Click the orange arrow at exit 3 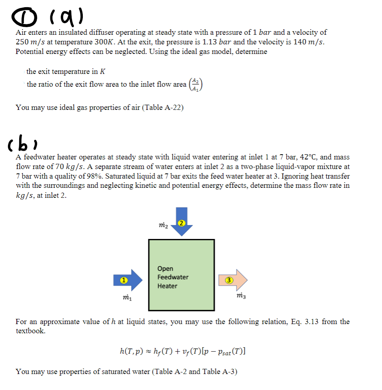(x=233, y=279)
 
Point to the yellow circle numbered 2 (x=182, y=223)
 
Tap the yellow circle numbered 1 (x=124, y=280)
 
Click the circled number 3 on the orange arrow (x=228, y=280)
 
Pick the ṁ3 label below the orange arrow (x=242, y=296)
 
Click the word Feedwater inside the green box (x=173, y=277)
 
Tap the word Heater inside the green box (x=167, y=286)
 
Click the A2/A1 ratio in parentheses (x=196, y=84)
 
